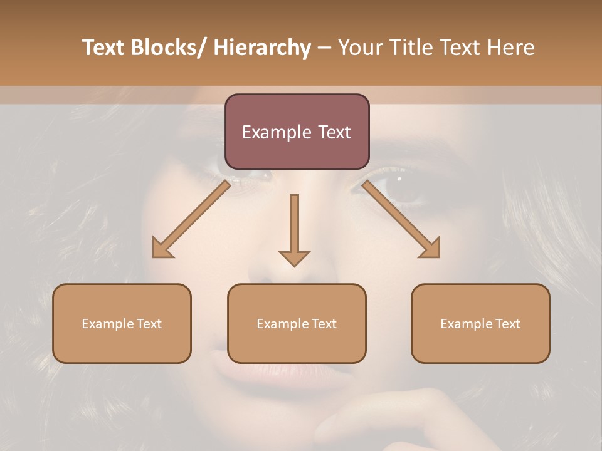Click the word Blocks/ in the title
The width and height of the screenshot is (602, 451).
[171, 48]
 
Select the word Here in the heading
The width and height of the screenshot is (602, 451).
[511, 48]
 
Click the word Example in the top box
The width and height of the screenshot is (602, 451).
[268, 133]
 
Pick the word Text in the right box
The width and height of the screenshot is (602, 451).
[507, 324]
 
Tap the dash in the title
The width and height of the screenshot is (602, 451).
[324, 48]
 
